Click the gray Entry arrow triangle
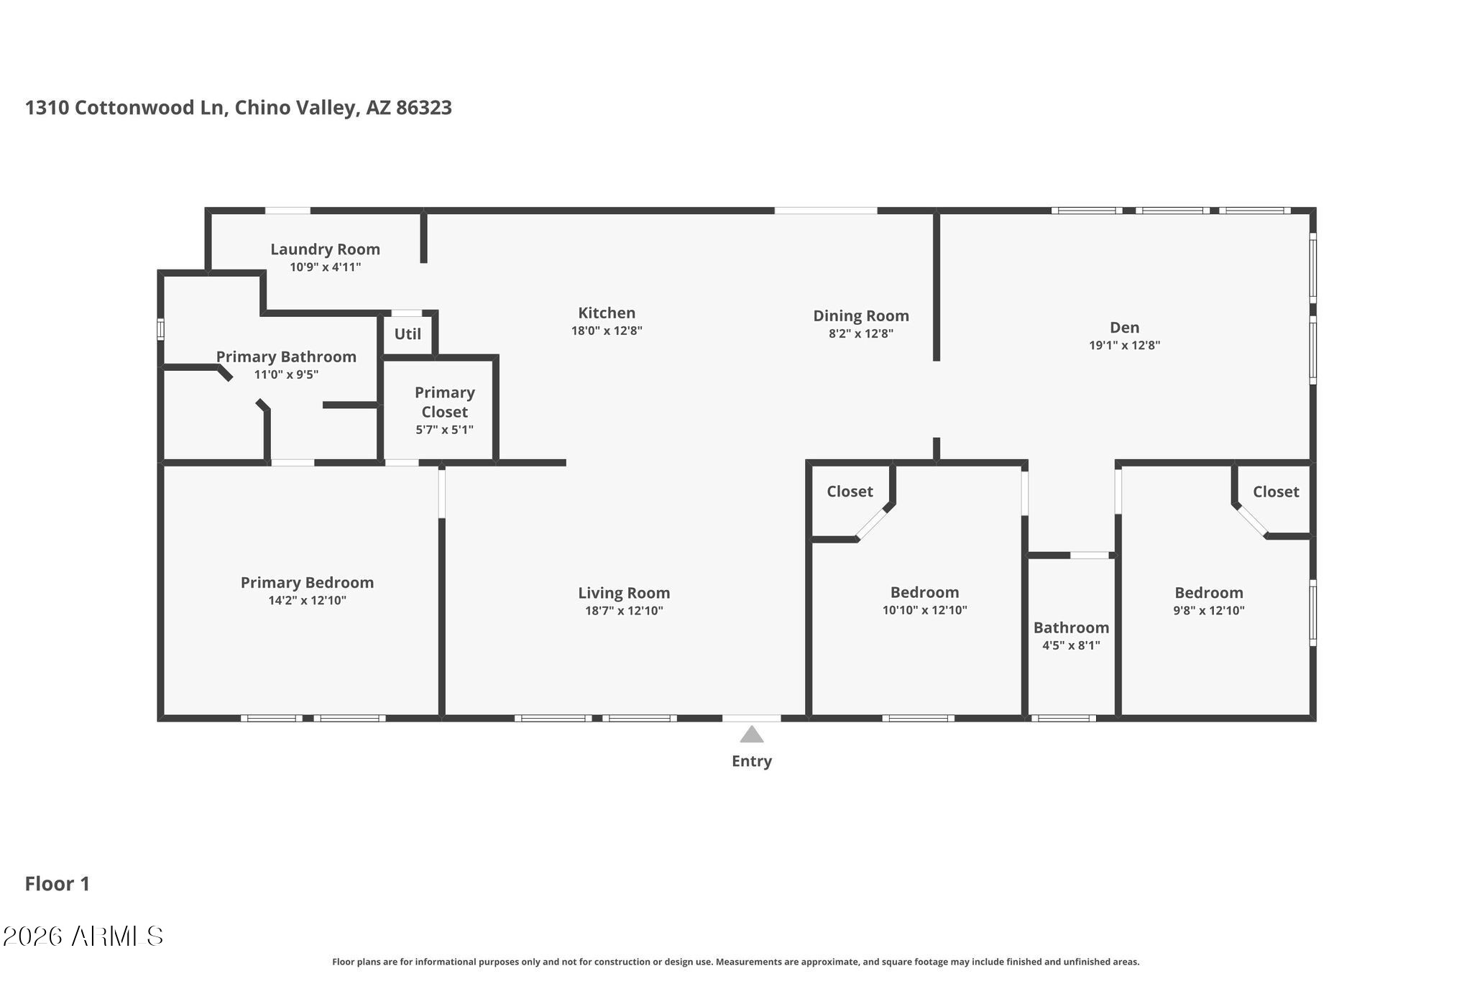click(752, 734)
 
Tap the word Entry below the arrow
click(752, 761)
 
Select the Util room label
click(408, 334)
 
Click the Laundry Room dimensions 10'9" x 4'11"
click(326, 267)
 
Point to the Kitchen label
click(607, 313)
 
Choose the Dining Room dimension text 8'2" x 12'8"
click(861, 333)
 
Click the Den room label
click(1125, 328)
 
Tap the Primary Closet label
click(445, 402)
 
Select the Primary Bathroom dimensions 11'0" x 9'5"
click(286, 374)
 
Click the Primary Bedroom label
click(307, 583)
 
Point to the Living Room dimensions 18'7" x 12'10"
click(624, 611)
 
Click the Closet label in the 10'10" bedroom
click(850, 492)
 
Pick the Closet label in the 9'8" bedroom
click(1276, 492)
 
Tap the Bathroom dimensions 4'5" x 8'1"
click(1071, 645)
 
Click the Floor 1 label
click(57, 884)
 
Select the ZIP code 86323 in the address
click(424, 108)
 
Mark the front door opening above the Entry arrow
click(751, 718)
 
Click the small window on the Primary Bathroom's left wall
click(161, 329)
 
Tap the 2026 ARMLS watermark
click(83, 936)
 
